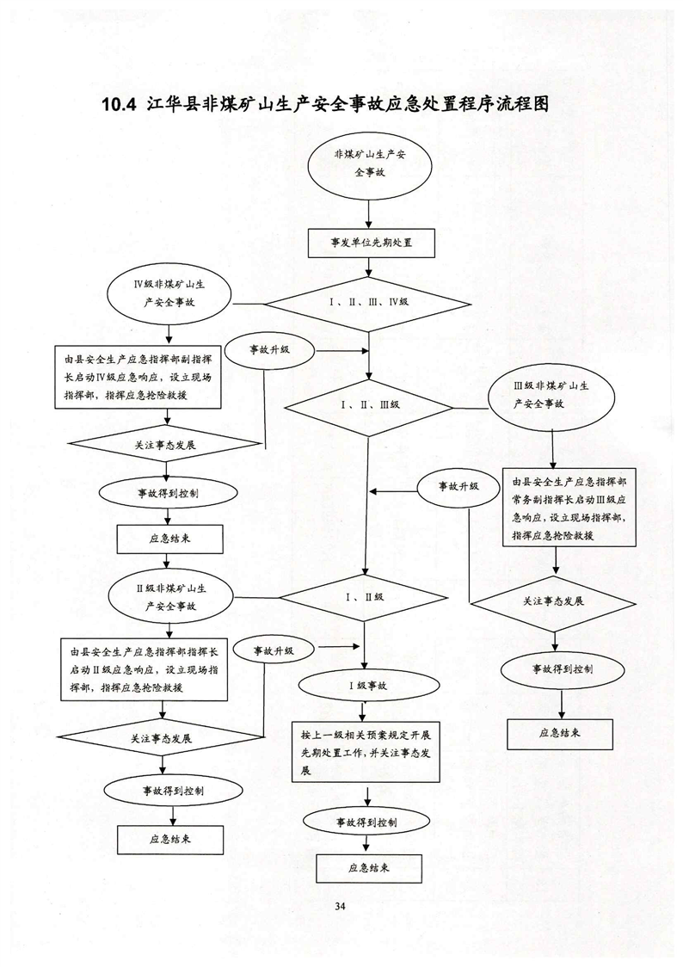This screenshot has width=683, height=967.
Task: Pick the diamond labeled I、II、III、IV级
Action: pyautogui.click(x=367, y=303)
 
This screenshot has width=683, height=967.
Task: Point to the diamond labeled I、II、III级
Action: pyautogui.click(x=367, y=403)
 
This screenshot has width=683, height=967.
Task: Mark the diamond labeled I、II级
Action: pyautogui.click(x=367, y=596)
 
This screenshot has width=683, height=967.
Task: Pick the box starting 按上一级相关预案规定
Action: pyautogui.click(x=366, y=749)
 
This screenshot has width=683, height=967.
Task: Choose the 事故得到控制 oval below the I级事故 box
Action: pyautogui.click(x=366, y=822)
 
